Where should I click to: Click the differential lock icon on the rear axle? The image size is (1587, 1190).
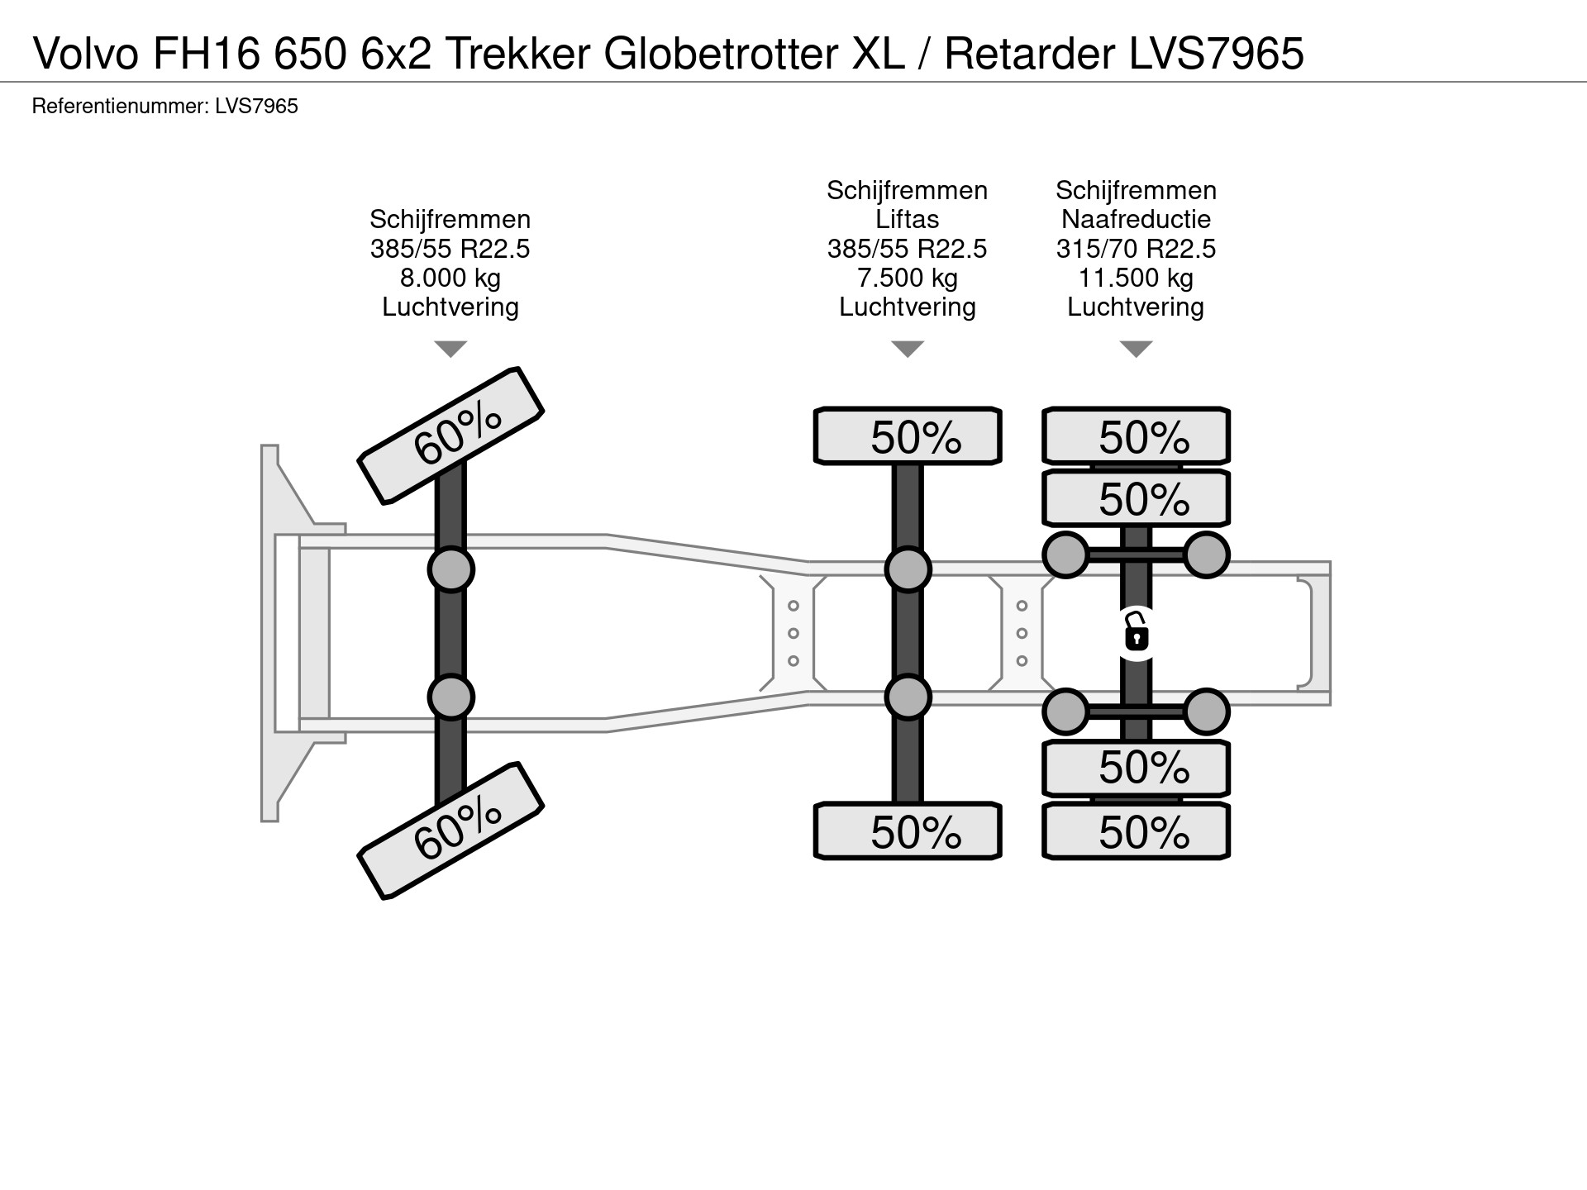click(x=1137, y=635)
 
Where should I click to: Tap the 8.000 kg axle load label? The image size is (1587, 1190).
click(x=450, y=278)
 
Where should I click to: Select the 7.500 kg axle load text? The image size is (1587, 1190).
click(x=908, y=278)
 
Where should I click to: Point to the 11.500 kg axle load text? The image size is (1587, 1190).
click(x=1136, y=278)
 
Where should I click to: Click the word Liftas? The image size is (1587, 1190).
click(x=908, y=219)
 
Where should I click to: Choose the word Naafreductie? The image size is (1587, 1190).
click(x=1136, y=219)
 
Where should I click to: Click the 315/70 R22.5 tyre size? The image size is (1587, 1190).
click(x=1136, y=249)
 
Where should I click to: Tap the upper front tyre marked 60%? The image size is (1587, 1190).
click(x=450, y=436)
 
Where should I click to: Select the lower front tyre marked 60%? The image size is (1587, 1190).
click(x=450, y=831)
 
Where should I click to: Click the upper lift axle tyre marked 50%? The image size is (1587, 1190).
click(x=908, y=436)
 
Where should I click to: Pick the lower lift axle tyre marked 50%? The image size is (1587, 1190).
click(x=908, y=831)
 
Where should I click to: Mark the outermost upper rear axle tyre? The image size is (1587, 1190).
click(x=1136, y=436)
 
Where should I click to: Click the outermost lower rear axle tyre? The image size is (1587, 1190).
click(x=1136, y=831)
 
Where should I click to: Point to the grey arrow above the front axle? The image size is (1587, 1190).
click(x=450, y=349)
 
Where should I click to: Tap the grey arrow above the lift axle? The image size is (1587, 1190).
click(x=908, y=349)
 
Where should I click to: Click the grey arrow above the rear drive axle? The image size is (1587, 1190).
click(x=1136, y=349)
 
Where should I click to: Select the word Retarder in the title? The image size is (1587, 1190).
click(x=1029, y=54)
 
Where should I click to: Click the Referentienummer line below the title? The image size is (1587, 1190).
click(x=164, y=106)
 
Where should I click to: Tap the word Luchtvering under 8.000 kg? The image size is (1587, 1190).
click(x=450, y=307)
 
